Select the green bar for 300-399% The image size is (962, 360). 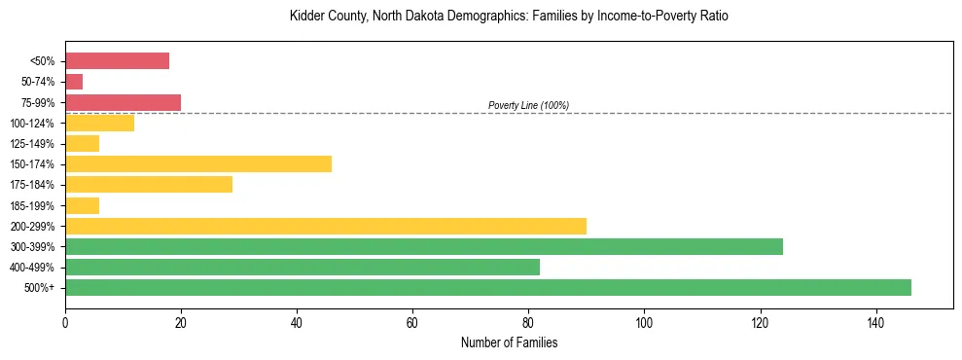click(424, 246)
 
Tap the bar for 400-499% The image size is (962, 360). click(303, 267)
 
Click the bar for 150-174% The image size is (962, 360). click(198, 163)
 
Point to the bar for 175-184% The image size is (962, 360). click(149, 184)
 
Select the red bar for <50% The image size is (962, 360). click(117, 60)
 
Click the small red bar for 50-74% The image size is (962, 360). click(74, 81)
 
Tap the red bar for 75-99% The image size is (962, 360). click(123, 102)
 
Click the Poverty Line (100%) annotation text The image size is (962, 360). click(528, 105)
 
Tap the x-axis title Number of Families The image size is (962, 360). click(509, 342)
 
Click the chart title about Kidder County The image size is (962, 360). click(509, 17)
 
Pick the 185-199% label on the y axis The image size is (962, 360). click(32, 205)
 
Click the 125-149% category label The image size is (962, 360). click(32, 143)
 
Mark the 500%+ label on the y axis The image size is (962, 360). click(40, 288)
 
